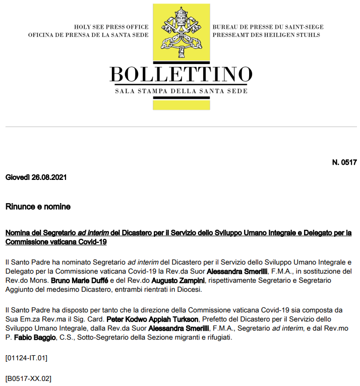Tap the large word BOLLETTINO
point(181,74)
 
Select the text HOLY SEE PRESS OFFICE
point(111,27)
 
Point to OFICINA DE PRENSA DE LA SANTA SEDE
point(88,35)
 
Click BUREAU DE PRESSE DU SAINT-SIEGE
point(268,27)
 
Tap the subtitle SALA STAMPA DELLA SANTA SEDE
point(181,91)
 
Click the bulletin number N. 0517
point(344,162)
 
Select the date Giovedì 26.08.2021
point(36,177)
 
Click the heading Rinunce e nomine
point(38,207)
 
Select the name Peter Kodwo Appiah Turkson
point(149,319)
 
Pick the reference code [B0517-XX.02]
point(28,378)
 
